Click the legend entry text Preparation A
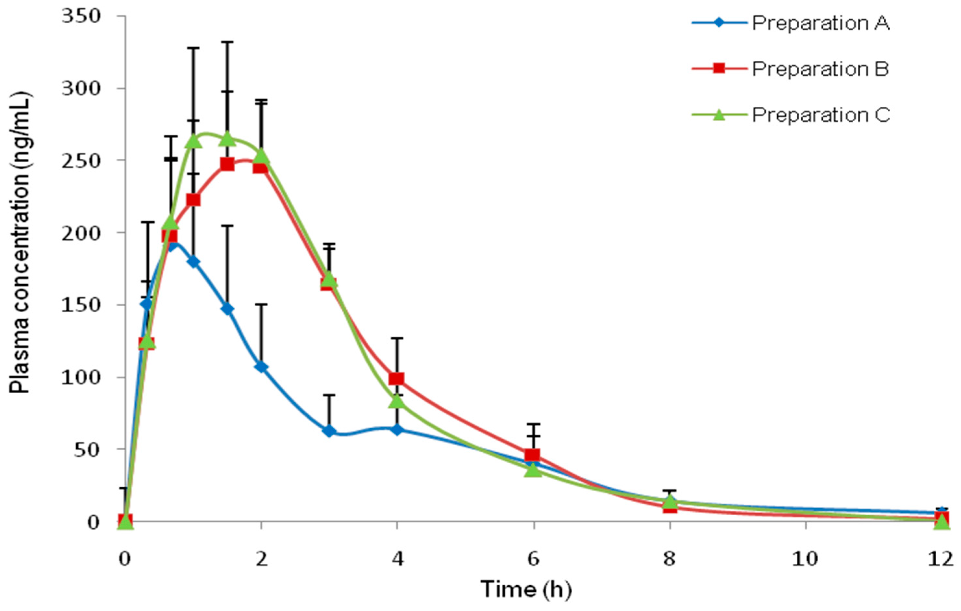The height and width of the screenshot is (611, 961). pos(821,24)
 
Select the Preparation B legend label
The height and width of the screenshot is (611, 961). pos(821,69)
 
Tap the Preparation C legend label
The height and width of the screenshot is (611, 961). pos(821,115)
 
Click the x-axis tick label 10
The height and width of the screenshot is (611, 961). pos(805,559)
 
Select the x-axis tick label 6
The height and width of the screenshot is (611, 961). pos(534,559)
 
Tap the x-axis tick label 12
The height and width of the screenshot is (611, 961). pos(942,559)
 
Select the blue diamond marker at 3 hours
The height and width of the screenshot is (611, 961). pos(329,431)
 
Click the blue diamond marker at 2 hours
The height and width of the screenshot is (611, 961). pos(261,367)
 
